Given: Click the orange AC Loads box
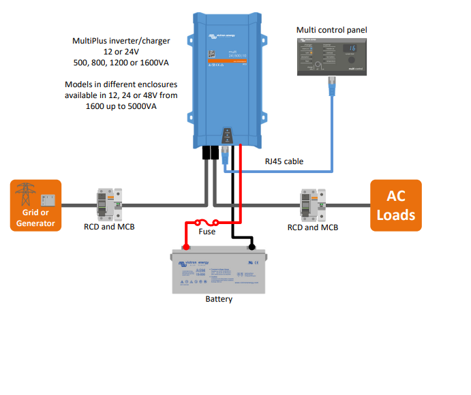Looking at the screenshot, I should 395,205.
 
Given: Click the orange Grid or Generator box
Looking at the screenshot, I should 35,205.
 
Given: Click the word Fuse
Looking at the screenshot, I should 206,232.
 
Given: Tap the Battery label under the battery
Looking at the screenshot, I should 219,299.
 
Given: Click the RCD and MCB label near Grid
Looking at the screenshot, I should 109,227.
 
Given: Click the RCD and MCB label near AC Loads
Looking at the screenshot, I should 313,227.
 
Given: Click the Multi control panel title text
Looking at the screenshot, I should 331,30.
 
